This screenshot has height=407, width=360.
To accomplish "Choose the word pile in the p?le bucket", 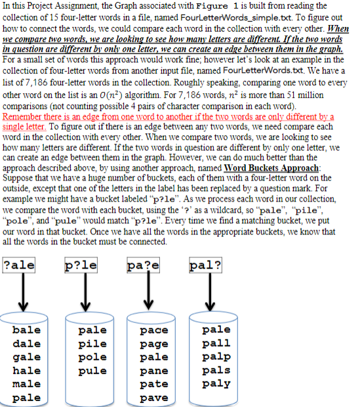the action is click(x=91, y=343).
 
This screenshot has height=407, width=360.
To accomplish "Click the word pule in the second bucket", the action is click(x=91, y=370).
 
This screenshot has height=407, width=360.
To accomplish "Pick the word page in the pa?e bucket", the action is click(x=155, y=343).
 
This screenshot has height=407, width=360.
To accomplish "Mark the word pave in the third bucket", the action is click(x=155, y=397).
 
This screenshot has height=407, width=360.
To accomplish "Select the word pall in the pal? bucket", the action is click(x=216, y=343).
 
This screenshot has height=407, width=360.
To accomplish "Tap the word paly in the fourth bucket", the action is click(x=216, y=384).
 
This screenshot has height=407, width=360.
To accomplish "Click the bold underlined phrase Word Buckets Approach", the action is click(x=268, y=168).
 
